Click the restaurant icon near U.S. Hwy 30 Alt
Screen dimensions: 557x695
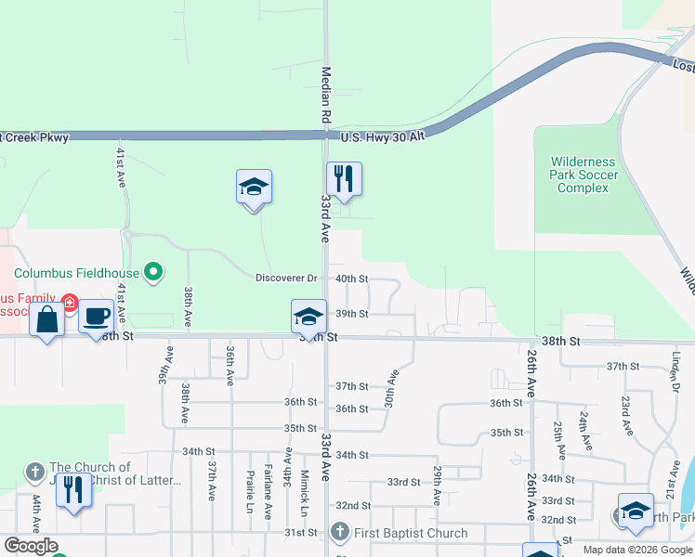tap(344, 179)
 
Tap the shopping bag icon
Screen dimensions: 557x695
tap(47, 320)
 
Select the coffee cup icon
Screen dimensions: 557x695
tap(96, 317)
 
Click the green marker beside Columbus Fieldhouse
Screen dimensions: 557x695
tap(154, 273)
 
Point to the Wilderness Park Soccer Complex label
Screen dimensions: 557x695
tap(584, 175)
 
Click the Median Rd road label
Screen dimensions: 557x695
tap(326, 95)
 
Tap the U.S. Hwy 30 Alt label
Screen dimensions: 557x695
tap(382, 136)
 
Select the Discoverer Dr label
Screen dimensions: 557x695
tap(287, 278)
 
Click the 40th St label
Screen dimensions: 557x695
tap(351, 278)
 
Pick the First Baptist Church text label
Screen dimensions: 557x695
tap(409, 533)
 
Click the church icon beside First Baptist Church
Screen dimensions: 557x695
tap(339, 533)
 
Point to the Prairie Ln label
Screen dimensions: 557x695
tap(250, 492)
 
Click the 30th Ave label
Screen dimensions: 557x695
tap(391, 389)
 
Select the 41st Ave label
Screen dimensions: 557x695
tap(121, 166)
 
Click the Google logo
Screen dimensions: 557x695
tap(31, 546)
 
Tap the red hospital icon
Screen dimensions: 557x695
tap(70, 304)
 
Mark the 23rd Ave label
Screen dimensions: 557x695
tap(627, 415)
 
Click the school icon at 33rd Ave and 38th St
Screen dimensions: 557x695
tap(308, 317)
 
